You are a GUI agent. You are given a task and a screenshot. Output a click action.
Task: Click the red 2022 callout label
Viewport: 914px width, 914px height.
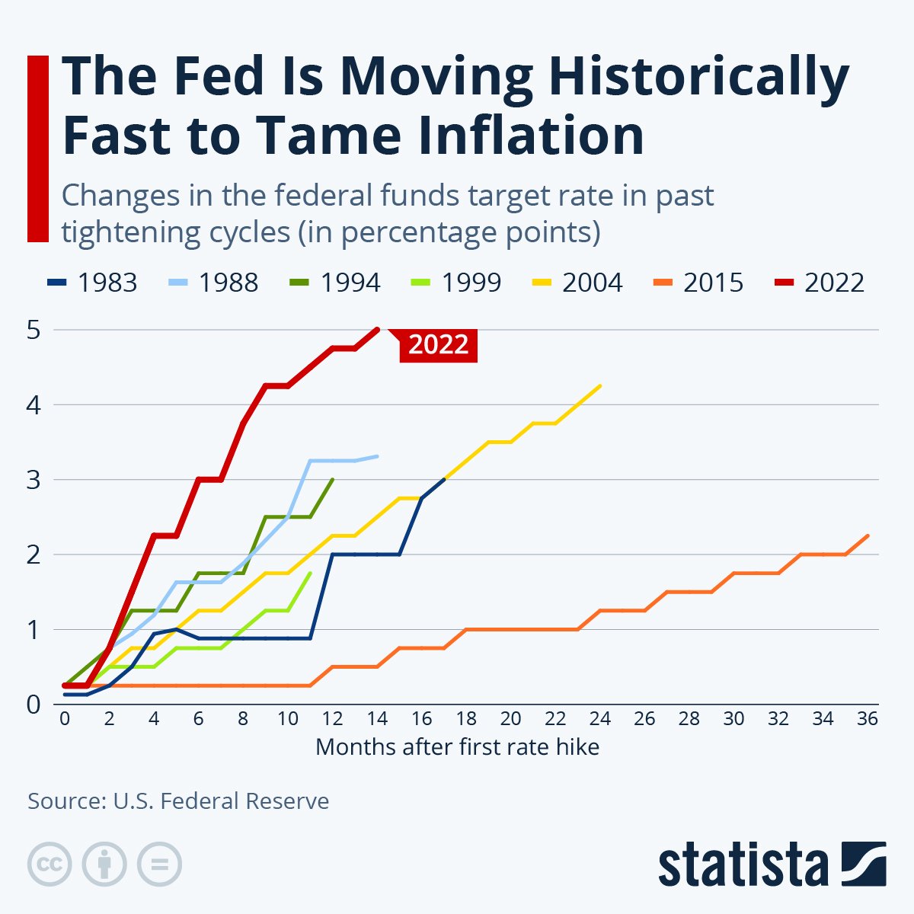[438, 345]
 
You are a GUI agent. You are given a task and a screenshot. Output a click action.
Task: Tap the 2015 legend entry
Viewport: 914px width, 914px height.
[698, 283]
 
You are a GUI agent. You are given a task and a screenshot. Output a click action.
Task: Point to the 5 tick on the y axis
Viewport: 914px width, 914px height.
[34, 330]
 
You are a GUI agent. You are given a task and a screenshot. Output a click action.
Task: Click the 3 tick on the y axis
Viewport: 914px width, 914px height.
[34, 480]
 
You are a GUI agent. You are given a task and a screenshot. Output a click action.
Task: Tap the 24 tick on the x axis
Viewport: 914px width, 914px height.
[600, 719]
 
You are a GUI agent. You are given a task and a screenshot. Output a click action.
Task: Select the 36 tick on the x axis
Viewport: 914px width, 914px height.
[868, 719]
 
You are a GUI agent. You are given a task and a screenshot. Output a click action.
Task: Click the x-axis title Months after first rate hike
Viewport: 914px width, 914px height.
[457, 746]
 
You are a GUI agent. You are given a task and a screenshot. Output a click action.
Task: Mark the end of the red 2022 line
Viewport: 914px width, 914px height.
[378, 329]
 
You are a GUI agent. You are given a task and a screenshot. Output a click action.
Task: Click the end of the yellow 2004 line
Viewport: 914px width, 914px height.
[600, 385]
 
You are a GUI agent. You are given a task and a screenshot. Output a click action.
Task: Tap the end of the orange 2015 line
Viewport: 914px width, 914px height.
[868, 535]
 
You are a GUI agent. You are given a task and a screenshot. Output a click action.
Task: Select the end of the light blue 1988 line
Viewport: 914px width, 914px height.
[378, 456]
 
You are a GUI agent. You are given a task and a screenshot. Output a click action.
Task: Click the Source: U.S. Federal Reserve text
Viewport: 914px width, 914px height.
[178, 801]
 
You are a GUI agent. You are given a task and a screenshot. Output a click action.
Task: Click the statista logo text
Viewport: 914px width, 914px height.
[743, 865]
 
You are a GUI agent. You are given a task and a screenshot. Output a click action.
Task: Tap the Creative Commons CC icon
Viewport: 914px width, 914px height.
[50, 864]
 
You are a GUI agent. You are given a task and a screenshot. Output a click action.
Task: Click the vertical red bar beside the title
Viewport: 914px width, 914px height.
[38, 149]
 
